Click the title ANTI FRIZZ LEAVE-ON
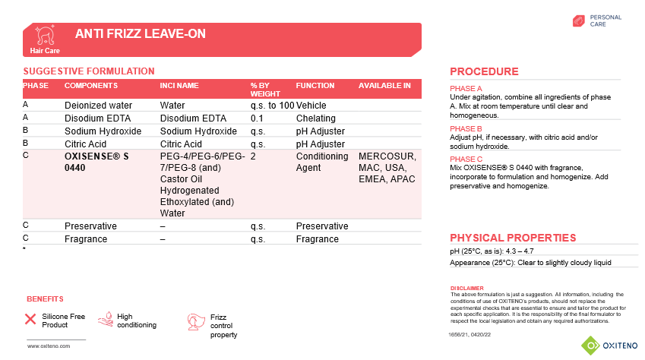(141, 34)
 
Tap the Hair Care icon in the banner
(44, 36)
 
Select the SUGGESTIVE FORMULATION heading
(89, 71)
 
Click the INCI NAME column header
(179, 86)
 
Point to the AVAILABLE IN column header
(384, 86)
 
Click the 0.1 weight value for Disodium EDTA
(257, 118)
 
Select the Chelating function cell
(315, 118)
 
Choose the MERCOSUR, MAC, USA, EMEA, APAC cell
(387, 168)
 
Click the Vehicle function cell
(311, 106)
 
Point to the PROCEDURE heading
(484, 71)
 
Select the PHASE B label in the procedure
(466, 129)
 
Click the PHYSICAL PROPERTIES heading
(513, 238)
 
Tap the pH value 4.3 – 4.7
(517, 251)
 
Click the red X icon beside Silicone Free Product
(31, 319)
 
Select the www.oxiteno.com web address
(49, 346)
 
